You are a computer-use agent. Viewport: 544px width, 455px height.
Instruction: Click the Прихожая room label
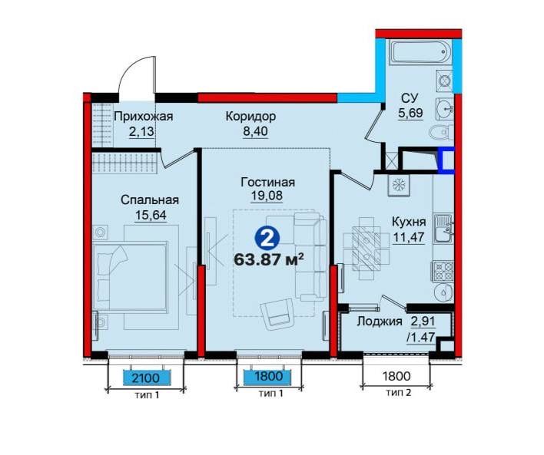click(143, 117)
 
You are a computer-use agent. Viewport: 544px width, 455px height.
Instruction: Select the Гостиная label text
click(268, 183)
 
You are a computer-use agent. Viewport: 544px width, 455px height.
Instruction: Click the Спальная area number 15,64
click(151, 215)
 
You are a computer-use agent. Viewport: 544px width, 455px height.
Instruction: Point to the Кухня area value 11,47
click(409, 237)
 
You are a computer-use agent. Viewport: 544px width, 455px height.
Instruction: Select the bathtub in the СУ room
click(420, 52)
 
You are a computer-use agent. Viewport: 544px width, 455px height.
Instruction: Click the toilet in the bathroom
click(441, 132)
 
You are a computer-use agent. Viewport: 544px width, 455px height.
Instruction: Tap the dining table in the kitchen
click(366, 248)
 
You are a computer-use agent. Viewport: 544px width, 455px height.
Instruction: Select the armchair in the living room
click(277, 314)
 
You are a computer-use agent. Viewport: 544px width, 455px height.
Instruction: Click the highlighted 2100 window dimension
click(148, 378)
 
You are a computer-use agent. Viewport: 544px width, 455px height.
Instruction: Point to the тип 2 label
click(399, 393)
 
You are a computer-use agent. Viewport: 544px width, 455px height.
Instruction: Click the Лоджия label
click(380, 321)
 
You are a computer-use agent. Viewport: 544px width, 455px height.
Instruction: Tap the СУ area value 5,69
click(410, 113)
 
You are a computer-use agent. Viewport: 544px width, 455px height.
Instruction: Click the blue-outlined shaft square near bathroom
click(446, 160)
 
